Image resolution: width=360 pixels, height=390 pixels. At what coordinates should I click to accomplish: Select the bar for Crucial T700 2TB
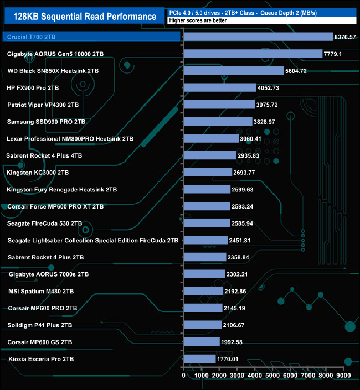click(258, 37)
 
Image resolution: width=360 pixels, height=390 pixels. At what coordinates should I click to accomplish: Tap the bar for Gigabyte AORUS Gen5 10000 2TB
click(253, 54)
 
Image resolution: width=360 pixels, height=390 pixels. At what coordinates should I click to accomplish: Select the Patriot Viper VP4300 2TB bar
click(219, 105)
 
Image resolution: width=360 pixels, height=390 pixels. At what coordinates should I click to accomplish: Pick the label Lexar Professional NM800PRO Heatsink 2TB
click(70, 139)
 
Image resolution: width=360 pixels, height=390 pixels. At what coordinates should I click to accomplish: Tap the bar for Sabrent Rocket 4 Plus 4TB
click(210, 155)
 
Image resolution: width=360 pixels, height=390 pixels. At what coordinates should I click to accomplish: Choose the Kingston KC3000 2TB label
click(38, 173)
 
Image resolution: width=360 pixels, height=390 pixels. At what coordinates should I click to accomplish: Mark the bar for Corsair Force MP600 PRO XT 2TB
click(207, 206)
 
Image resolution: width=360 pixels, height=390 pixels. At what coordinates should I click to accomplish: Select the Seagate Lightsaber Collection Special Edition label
click(93, 241)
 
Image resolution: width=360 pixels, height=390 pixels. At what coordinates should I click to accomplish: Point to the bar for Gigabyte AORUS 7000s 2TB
click(204, 274)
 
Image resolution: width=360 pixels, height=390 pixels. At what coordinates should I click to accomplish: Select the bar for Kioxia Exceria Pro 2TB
click(199, 358)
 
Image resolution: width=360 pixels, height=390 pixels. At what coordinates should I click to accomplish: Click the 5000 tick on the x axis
click(272, 375)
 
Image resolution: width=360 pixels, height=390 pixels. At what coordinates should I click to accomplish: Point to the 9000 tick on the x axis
click(343, 375)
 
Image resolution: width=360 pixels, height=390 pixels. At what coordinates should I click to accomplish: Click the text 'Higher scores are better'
click(200, 21)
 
